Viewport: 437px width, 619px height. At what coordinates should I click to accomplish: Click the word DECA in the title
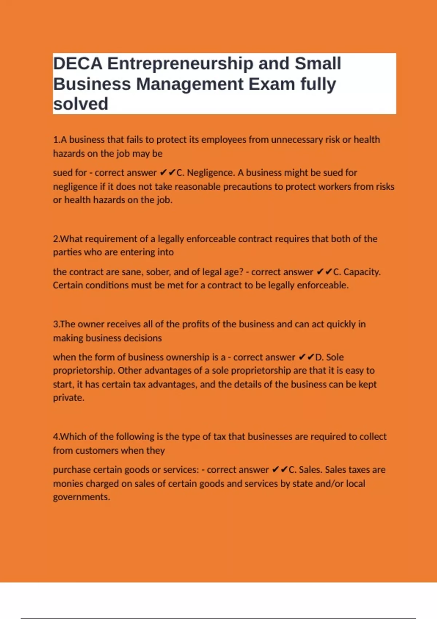tap(78, 64)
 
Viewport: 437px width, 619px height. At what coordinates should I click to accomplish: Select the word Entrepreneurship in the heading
tap(180, 64)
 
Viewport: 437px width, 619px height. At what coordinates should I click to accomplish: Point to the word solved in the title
tap(80, 104)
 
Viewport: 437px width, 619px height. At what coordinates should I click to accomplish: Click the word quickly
tap(340, 324)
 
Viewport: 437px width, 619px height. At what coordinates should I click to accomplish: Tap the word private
tap(68, 398)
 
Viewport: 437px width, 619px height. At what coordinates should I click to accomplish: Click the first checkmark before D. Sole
tap(302, 357)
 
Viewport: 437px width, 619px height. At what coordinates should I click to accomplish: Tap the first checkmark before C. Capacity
tap(320, 272)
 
